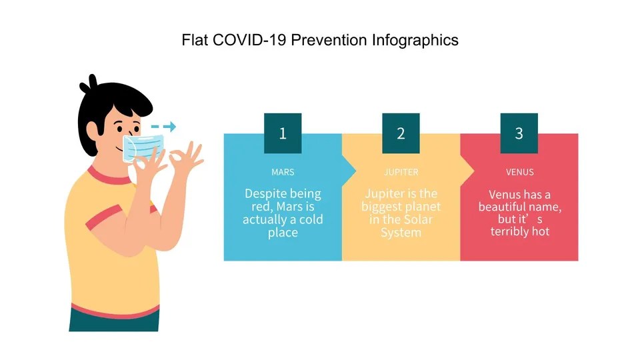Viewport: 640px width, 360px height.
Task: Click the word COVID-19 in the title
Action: click(237, 40)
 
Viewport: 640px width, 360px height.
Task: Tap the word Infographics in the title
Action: click(414, 40)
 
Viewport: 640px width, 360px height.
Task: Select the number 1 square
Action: click(283, 133)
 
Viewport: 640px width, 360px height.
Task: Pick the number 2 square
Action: click(401, 133)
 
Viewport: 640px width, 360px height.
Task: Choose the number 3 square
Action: click(519, 133)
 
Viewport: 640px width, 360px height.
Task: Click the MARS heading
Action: click(283, 172)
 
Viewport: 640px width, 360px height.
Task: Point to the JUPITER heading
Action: click(401, 172)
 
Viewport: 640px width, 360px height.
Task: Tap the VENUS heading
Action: click(519, 172)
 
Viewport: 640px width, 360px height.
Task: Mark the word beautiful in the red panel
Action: click(506, 207)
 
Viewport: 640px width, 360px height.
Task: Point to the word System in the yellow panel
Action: click(401, 233)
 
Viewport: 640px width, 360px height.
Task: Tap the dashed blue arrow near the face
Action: click(163, 127)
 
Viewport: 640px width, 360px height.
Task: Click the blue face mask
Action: click(143, 147)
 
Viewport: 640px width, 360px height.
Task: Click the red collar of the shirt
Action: click(107, 177)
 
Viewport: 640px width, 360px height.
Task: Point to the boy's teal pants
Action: click(113, 321)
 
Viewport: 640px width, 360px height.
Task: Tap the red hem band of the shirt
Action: click(113, 308)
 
